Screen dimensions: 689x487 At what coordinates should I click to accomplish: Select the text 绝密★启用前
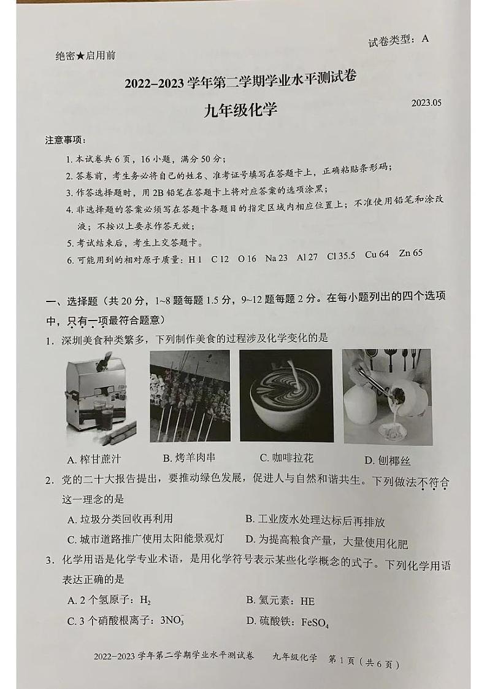[x=85, y=56]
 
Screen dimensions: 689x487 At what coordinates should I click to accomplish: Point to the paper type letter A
[x=425, y=39]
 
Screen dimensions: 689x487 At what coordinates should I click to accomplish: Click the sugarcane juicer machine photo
[x=102, y=399]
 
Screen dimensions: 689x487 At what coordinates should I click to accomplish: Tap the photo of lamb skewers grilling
[x=190, y=396]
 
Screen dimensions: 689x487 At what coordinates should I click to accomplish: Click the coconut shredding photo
[x=386, y=397]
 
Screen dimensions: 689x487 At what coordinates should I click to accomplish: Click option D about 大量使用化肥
[x=326, y=542]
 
